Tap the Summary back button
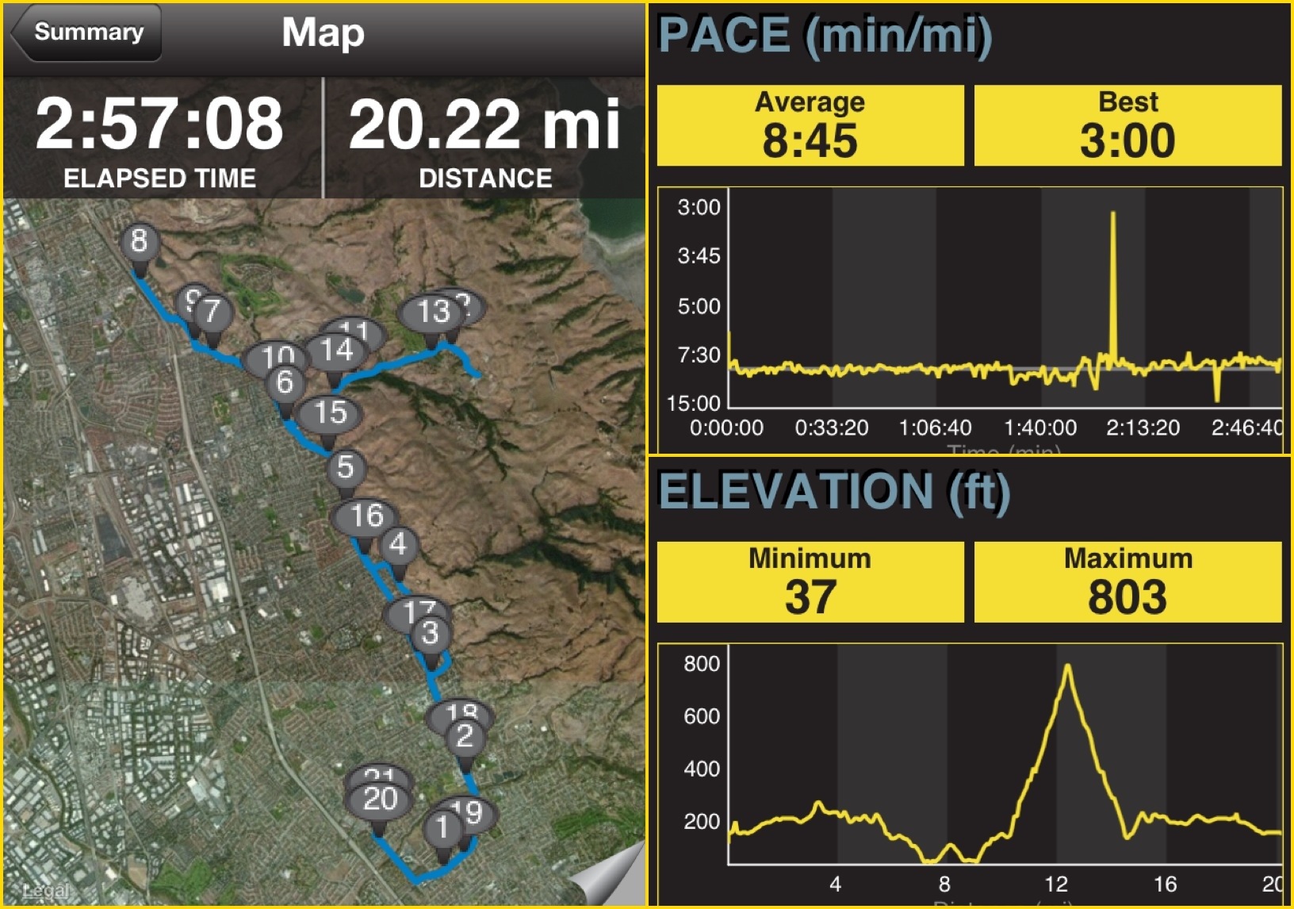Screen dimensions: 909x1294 click(87, 33)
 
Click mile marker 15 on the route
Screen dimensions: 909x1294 click(330, 413)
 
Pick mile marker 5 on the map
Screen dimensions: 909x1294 click(345, 468)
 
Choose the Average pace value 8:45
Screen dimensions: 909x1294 click(810, 140)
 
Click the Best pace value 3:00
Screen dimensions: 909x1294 click(1127, 140)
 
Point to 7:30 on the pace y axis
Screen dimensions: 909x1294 click(699, 355)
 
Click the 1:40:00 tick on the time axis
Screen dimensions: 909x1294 click(1039, 428)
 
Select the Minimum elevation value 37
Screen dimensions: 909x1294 click(810, 596)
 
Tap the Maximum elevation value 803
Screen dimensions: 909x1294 click(1127, 596)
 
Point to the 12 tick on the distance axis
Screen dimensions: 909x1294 click(1055, 884)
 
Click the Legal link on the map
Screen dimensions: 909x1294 click(45, 891)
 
